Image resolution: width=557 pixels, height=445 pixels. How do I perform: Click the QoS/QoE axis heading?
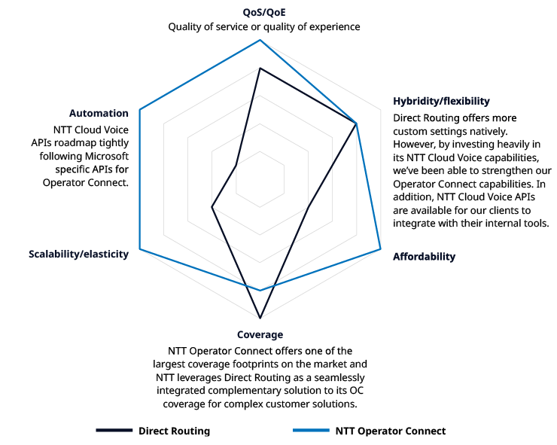click(x=263, y=12)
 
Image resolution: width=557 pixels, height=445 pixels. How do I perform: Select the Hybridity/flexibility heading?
click(x=441, y=101)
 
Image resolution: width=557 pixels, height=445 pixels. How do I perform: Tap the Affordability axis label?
click(x=424, y=257)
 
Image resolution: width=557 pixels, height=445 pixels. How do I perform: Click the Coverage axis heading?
click(x=260, y=335)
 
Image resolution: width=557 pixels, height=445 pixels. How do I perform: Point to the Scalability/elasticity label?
click(x=78, y=254)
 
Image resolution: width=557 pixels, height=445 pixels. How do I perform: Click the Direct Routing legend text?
click(x=174, y=431)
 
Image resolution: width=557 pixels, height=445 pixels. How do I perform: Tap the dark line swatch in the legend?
click(x=114, y=431)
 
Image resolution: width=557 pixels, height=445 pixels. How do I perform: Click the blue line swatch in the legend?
click(x=311, y=431)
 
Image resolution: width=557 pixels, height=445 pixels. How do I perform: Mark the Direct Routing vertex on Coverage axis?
click(x=260, y=318)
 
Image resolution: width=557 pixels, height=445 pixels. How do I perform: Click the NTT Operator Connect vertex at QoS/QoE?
click(x=260, y=40)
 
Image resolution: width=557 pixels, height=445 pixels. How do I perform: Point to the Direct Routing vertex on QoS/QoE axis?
click(x=260, y=69)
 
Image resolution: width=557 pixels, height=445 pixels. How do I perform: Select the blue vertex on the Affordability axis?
click(x=380, y=248)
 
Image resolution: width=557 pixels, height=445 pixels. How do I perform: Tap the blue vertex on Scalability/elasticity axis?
click(x=140, y=248)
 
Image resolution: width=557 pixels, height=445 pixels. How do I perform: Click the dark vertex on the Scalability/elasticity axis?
click(x=212, y=206)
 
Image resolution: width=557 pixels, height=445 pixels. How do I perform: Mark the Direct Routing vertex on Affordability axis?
click(x=309, y=206)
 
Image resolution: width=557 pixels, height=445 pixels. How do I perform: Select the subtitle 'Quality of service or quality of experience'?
click(x=263, y=27)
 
